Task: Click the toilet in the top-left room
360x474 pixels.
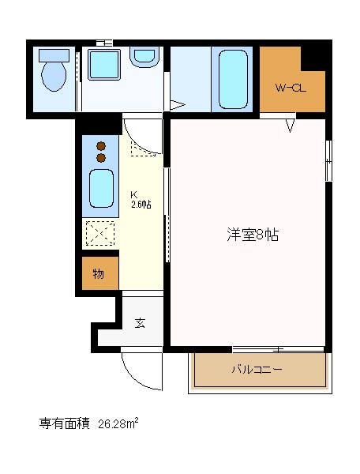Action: point(54,77)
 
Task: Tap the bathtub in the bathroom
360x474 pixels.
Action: point(233,79)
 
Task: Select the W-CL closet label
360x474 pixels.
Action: point(291,88)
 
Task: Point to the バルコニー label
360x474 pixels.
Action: point(257,370)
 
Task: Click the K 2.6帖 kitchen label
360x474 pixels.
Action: point(141,199)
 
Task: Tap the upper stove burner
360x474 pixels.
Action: point(101,145)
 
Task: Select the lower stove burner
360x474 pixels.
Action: point(101,157)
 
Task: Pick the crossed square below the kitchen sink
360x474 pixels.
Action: point(100,234)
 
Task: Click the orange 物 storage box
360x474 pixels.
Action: point(100,274)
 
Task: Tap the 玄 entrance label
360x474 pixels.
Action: point(140,322)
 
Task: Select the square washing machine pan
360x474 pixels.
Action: point(103,65)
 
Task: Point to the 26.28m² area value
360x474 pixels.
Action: point(118,424)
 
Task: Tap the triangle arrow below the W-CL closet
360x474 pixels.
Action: point(291,125)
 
